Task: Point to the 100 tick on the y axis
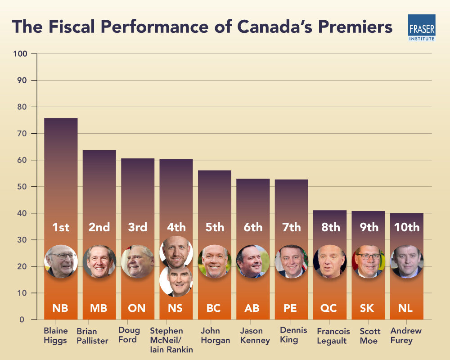coord(22,54)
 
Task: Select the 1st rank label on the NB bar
coord(61,227)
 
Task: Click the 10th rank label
coord(407,227)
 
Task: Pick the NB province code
coord(61,308)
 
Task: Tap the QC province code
coord(330,308)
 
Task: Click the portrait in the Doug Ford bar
coord(138,261)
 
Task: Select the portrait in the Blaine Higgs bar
coord(61,261)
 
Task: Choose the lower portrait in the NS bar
coord(176,281)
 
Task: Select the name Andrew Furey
coord(406,335)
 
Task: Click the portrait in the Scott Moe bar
coord(369,261)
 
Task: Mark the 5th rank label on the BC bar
coord(215,227)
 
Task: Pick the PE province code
coord(291,308)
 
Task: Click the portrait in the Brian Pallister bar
coord(99,261)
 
